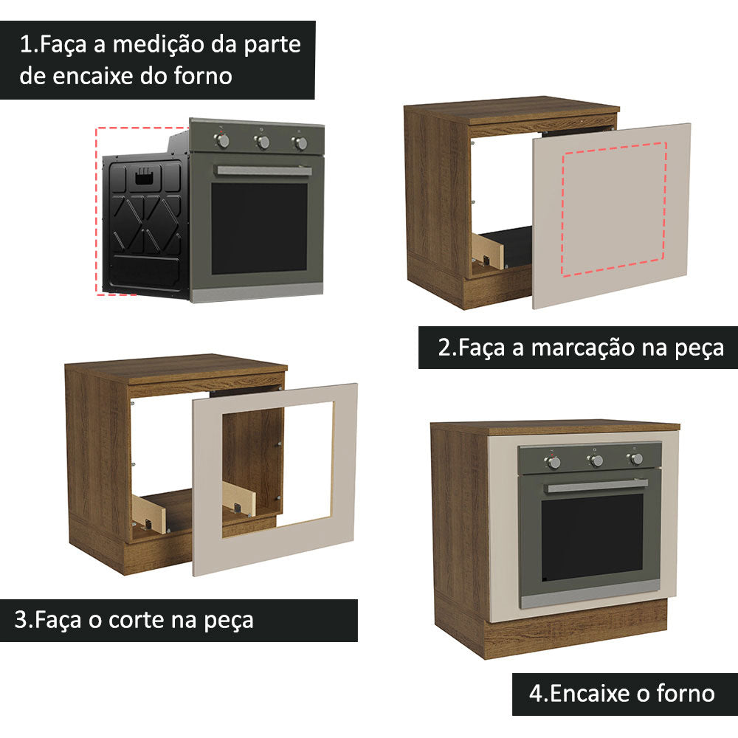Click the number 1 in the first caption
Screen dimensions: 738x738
click(25, 44)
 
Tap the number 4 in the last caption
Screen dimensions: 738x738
click(535, 693)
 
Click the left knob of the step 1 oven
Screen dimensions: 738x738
click(224, 140)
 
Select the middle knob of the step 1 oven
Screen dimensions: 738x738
click(262, 142)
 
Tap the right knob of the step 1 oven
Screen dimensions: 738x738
click(300, 143)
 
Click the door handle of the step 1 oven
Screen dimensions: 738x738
click(263, 170)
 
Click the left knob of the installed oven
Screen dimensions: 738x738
click(553, 462)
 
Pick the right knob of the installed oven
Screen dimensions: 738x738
click(635, 458)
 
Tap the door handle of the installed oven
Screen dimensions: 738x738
click(598, 486)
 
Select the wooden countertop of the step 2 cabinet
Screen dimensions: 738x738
click(517, 110)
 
